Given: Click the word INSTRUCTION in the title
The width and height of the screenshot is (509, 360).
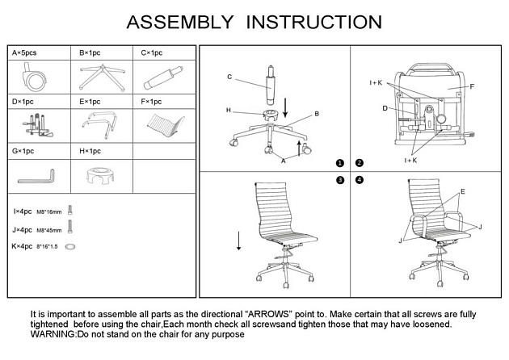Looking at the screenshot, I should click(x=314, y=21).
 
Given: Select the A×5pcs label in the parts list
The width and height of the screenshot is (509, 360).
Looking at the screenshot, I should click(x=24, y=53).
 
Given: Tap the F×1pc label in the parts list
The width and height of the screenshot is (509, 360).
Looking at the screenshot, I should click(x=151, y=102).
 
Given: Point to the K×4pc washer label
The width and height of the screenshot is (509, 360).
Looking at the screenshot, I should click(x=23, y=245).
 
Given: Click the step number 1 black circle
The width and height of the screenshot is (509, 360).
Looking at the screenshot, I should click(x=340, y=163).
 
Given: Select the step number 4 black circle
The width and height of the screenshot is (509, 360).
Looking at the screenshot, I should click(x=360, y=179).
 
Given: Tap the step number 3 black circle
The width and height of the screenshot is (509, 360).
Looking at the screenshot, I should click(x=340, y=179).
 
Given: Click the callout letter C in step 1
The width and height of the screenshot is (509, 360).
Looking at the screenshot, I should click(x=229, y=77).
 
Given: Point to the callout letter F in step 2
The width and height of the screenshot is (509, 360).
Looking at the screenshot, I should click(x=472, y=86).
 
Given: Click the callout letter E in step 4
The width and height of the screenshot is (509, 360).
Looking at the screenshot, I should click(x=462, y=192).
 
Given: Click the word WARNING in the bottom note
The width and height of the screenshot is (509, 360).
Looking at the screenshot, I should click(x=53, y=333).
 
